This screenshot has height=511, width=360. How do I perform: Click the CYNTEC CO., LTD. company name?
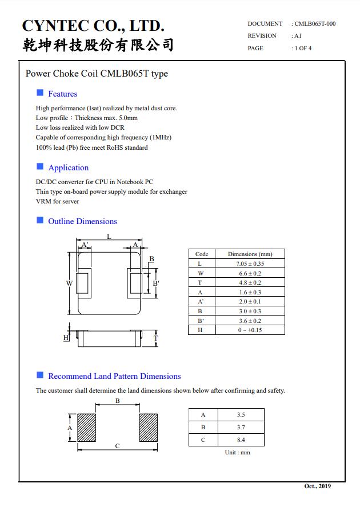click(93, 26)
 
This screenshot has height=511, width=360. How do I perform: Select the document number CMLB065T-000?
click(314, 23)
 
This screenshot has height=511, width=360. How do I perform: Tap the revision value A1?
click(298, 35)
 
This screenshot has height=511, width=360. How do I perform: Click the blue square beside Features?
click(40, 93)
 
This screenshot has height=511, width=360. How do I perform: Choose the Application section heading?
click(68, 167)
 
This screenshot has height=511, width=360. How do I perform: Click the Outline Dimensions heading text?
click(82, 221)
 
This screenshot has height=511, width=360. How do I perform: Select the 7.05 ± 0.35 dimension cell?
click(250, 264)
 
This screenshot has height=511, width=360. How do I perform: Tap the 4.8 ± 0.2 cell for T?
click(250, 282)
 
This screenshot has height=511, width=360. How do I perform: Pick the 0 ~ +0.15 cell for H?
click(250, 330)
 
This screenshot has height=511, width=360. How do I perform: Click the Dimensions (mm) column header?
click(250, 254)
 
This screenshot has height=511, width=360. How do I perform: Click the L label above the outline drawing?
click(109, 237)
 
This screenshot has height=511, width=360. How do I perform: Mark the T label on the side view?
click(155, 338)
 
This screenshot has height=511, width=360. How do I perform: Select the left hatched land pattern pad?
click(86, 427)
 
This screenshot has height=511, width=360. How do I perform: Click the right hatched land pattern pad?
click(149, 427)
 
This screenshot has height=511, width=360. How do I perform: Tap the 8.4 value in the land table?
click(241, 440)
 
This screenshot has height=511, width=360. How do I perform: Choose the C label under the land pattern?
click(117, 446)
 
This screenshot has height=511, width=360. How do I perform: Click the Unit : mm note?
click(237, 452)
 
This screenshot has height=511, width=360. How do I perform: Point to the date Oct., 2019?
click(317, 486)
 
